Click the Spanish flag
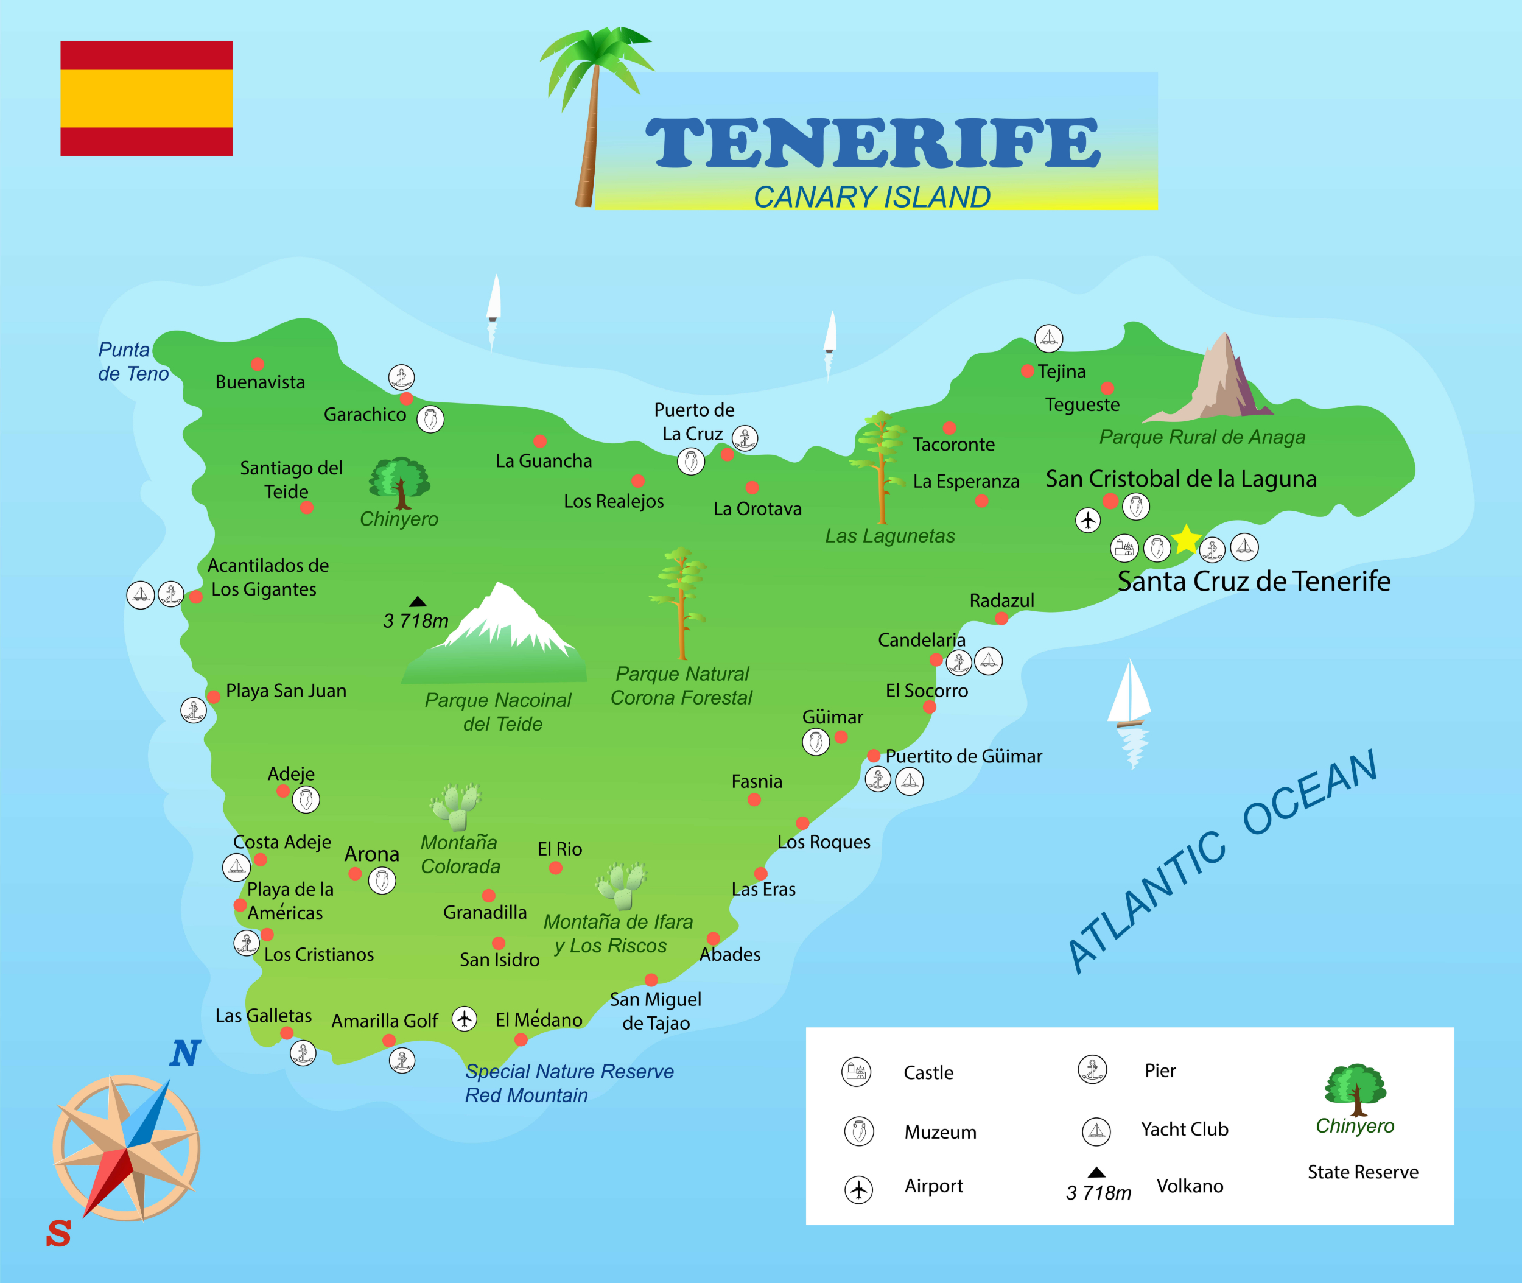pyautogui.click(x=146, y=98)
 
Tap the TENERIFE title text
pyautogui.click(x=872, y=142)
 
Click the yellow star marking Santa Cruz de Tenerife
pyautogui.click(x=1186, y=539)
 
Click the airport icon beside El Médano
pyautogui.click(x=465, y=1018)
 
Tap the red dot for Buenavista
pyautogui.click(x=258, y=364)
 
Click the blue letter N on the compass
pyautogui.click(x=184, y=1053)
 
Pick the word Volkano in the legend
pyautogui.click(x=1190, y=1186)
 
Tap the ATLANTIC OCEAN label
pyautogui.click(x=1222, y=862)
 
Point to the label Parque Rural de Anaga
pyautogui.click(x=1201, y=437)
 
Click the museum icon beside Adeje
pyautogui.click(x=306, y=800)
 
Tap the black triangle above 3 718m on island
pyautogui.click(x=418, y=602)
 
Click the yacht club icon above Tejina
pyautogui.click(x=1048, y=338)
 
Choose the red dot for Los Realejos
pyautogui.click(x=638, y=481)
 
